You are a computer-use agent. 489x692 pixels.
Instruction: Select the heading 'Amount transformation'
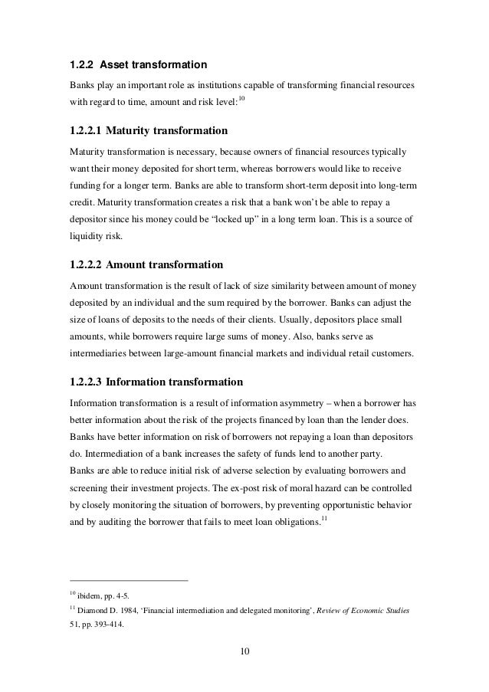click(x=163, y=265)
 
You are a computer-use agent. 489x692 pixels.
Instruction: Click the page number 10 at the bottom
click(x=244, y=651)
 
